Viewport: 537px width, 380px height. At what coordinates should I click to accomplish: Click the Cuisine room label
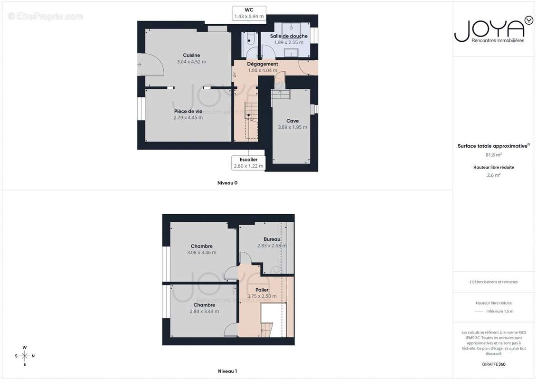click(191, 55)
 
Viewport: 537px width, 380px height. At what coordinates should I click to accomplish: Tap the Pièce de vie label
click(188, 111)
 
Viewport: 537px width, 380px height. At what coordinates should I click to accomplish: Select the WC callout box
click(249, 13)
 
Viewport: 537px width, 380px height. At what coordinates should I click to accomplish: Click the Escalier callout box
click(249, 163)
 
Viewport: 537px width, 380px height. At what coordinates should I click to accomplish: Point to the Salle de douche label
click(289, 36)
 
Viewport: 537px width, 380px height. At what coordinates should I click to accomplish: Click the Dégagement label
click(263, 64)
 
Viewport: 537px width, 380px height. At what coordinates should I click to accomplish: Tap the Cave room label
click(292, 121)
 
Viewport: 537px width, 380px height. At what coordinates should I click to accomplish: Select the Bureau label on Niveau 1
click(272, 239)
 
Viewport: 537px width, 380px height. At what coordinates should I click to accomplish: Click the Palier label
click(262, 290)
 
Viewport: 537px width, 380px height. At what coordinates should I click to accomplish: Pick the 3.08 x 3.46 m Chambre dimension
click(202, 253)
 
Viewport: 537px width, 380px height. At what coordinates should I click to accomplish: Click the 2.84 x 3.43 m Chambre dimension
click(204, 312)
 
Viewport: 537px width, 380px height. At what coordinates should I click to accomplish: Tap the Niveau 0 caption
click(227, 183)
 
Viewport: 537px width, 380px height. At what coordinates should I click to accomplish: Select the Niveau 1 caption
click(227, 371)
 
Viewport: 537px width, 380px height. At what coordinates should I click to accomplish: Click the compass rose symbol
click(25, 356)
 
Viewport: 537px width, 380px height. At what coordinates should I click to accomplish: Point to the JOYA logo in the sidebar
click(493, 30)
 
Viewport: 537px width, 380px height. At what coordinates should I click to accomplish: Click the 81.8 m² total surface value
click(493, 155)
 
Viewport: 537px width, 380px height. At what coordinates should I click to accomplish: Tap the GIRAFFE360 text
click(493, 364)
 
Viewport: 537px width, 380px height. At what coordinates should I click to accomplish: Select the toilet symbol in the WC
click(249, 39)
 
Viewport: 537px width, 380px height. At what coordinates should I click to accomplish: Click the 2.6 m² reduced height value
click(493, 175)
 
